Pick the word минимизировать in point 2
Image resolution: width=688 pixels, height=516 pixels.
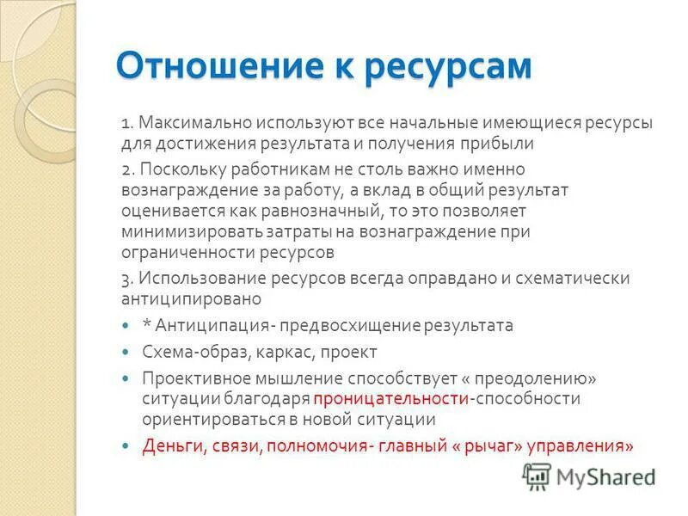pos(180,231)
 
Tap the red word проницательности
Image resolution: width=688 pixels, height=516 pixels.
pos(390,399)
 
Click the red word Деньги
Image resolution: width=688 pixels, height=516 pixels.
pos(169,446)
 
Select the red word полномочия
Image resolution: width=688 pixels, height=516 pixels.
pos(317,446)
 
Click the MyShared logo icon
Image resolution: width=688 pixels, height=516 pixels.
pos(537,475)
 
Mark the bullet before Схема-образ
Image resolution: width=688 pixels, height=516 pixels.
pos(126,353)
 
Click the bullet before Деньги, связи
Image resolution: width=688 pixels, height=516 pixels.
pos(126,447)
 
